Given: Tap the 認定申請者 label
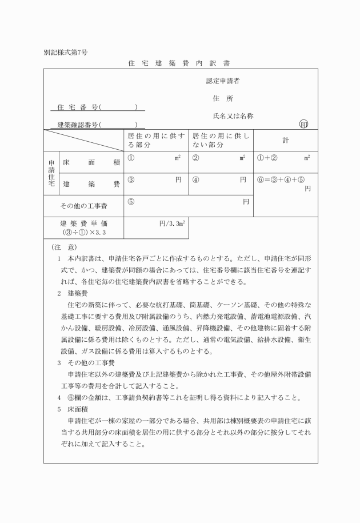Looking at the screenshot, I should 222,81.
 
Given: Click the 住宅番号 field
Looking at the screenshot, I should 97,107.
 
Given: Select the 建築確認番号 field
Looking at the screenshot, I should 97,124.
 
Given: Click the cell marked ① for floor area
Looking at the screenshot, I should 156,162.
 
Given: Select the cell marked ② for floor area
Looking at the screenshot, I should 221,162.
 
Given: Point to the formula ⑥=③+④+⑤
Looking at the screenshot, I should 282,180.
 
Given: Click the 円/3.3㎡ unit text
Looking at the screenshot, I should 170,223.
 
